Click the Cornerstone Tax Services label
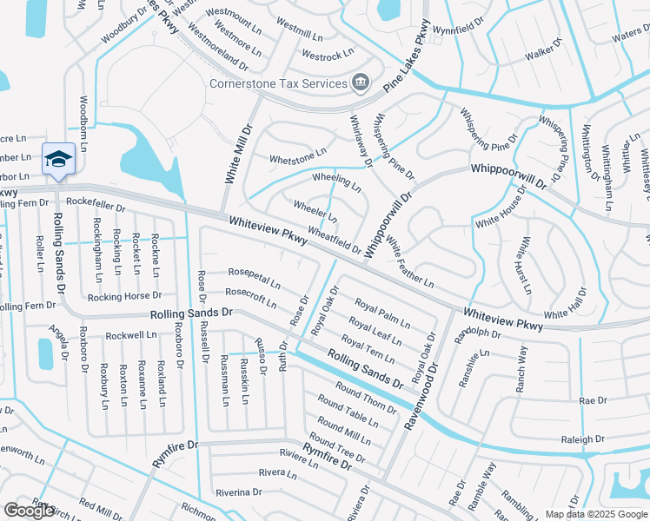[x=278, y=83]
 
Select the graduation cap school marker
[x=58, y=158]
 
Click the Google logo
[x=29, y=511]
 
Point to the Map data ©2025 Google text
[x=595, y=514]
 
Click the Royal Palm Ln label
[x=382, y=313]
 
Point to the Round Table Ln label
[x=348, y=412]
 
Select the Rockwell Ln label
[x=130, y=335]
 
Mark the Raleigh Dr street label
[x=582, y=440]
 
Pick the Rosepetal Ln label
[x=255, y=277]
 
